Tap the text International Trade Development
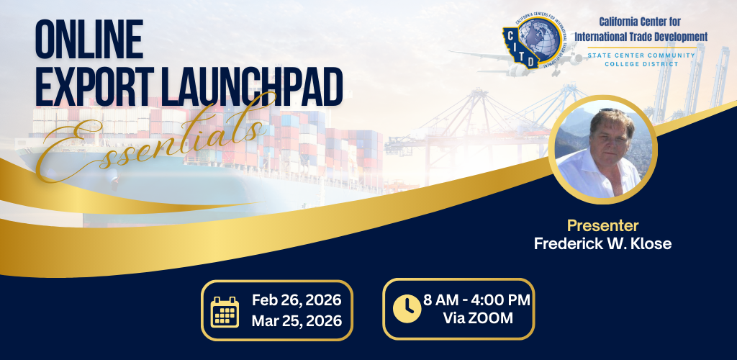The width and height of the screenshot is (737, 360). pyautogui.click(x=641, y=36)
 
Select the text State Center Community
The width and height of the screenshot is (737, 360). pyautogui.click(x=641, y=55)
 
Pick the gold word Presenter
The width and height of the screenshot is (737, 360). pyautogui.click(x=602, y=225)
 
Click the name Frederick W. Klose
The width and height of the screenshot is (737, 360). pyautogui.click(x=602, y=243)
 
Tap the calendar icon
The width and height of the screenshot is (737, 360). pyautogui.click(x=225, y=310)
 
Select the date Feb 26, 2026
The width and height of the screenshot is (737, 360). pyautogui.click(x=296, y=300)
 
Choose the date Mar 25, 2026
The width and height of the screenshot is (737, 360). pyautogui.click(x=296, y=320)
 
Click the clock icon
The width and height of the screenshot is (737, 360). pyautogui.click(x=407, y=309)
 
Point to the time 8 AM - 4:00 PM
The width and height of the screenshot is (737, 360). pyautogui.click(x=477, y=300)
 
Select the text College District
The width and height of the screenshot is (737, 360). pyautogui.click(x=641, y=64)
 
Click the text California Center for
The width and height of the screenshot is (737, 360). pyautogui.click(x=641, y=22)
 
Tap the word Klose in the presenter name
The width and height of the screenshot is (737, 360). pyautogui.click(x=648, y=243)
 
